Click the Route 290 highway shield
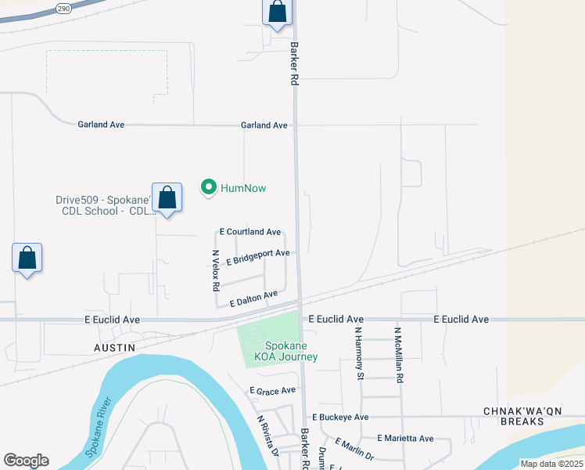coord(63,7)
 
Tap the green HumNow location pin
coord(208,187)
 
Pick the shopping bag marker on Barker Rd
coord(277,13)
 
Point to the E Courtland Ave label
coord(250,232)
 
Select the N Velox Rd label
coord(216,271)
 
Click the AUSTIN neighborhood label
coord(115,347)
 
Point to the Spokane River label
coord(99,424)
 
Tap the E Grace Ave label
coord(273,390)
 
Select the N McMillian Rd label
coord(399,355)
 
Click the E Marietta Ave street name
coord(405,439)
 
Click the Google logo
coord(26,461)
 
